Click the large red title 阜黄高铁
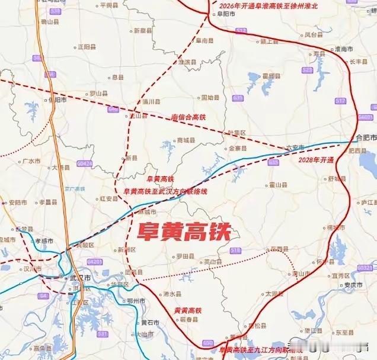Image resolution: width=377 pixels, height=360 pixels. point(183,230)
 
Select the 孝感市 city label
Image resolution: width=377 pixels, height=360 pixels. point(44,242)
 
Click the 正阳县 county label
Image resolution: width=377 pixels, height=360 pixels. point(86,46)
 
